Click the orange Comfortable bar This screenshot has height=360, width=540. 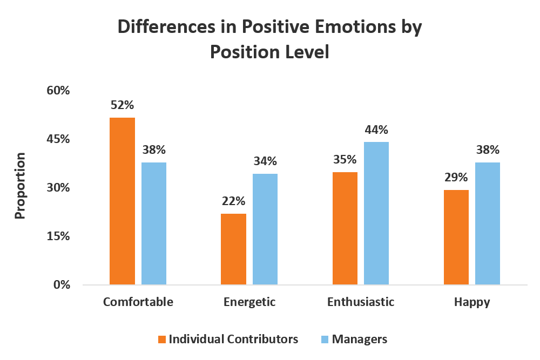coord(122,201)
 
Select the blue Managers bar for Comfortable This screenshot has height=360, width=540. coord(154,223)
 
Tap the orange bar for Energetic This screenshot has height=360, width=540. coord(233,249)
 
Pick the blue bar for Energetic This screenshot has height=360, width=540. coord(265,229)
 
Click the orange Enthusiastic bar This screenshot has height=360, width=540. coord(345,228)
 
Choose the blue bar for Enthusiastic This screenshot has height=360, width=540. coord(376,213)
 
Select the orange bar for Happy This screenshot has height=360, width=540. coord(456,237)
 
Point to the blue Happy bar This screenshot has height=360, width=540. coord(488,223)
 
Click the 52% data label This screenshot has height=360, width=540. coord(122,106)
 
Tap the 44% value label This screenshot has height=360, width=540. coord(376,130)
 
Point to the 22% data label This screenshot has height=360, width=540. coord(233,201)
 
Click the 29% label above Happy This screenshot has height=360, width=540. coord(456,178)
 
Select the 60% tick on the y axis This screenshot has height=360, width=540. coord(58,91)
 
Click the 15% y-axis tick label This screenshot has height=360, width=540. coord(58,236)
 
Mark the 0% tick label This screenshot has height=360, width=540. coord(61,285)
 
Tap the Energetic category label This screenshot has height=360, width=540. coord(249,302)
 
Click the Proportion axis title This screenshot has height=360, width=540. coord(21,186)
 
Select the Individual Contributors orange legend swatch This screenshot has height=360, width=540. coord(162,339)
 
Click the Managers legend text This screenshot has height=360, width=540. coord(360,339)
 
